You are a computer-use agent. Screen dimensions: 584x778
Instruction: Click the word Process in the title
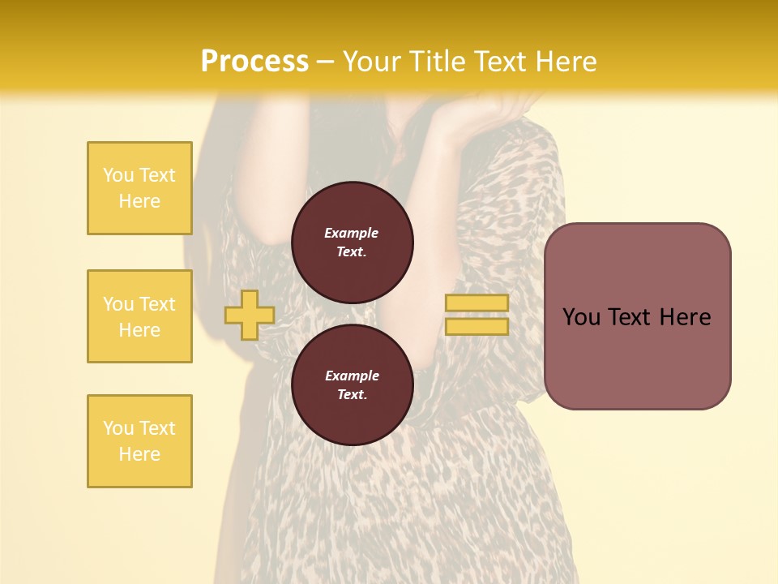254,61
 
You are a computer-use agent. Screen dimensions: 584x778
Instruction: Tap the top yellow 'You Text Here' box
139,188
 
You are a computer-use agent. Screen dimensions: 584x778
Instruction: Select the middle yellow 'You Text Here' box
139,316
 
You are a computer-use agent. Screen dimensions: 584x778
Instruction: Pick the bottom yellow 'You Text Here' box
139,441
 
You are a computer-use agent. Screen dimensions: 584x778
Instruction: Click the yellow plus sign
249,315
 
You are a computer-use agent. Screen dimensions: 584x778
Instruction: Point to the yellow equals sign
477,315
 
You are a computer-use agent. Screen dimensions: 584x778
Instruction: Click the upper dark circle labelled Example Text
353,243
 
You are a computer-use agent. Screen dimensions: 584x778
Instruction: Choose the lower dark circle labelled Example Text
353,385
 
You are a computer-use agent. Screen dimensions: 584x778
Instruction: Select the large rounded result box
637,316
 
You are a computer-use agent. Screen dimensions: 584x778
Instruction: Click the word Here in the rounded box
685,316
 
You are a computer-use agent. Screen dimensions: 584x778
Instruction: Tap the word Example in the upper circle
352,233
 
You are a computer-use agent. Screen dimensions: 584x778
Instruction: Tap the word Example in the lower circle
352,376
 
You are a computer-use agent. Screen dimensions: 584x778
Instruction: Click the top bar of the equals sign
477,303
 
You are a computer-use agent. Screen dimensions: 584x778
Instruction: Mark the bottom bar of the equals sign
477,327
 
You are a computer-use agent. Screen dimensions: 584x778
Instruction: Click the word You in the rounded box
581,316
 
